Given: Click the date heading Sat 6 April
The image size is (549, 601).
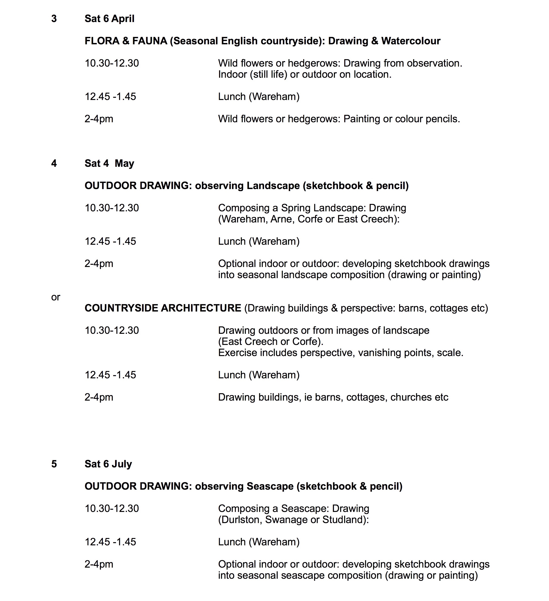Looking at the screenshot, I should coord(109,19).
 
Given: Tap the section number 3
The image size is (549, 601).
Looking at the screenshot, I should coord(54,19).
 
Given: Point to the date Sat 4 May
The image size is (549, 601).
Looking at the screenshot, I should coord(109,163).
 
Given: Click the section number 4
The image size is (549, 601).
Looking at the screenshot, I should coord(54,163).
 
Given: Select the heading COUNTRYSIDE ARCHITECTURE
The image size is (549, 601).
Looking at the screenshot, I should coord(163,308).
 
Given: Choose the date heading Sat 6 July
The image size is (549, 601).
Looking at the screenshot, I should coord(108,464).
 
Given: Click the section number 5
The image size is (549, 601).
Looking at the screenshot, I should coord(54,464).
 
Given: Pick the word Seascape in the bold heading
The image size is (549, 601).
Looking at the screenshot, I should coord(270,486).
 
